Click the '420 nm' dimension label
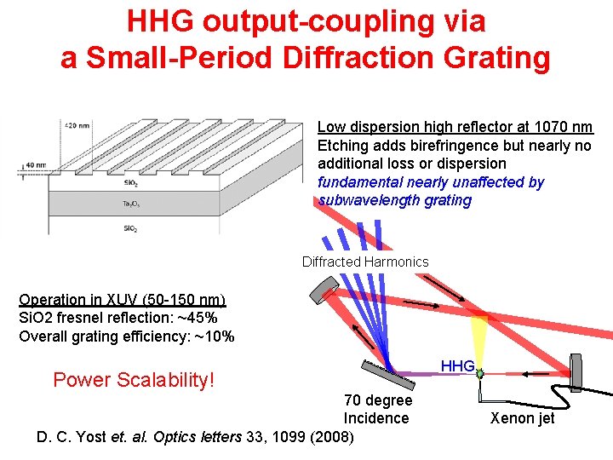click(x=78, y=125)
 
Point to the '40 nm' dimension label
click(x=36, y=165)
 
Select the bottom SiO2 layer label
click(x=129, y=228)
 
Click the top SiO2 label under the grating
click(x=129, y=182)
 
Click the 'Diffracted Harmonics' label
click(x=365, y=262)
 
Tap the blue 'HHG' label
click(x=457, y=365)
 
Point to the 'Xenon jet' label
click(x=522, y=417)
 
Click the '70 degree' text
click(x=377, y=400)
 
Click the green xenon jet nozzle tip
click(x=481, y=374)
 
